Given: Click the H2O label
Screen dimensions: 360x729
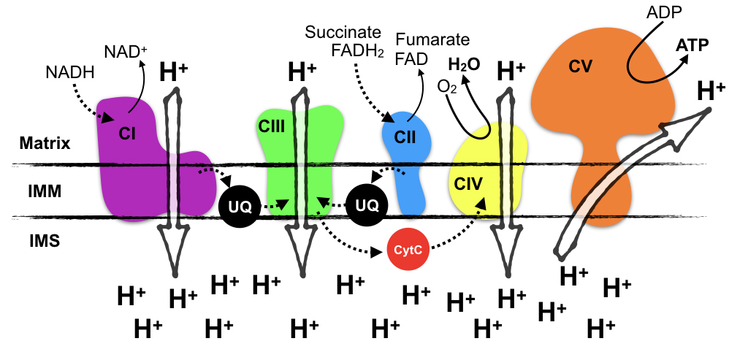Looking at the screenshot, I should tap(465, 64).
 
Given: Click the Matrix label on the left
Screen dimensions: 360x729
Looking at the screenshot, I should tap(45, 143).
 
